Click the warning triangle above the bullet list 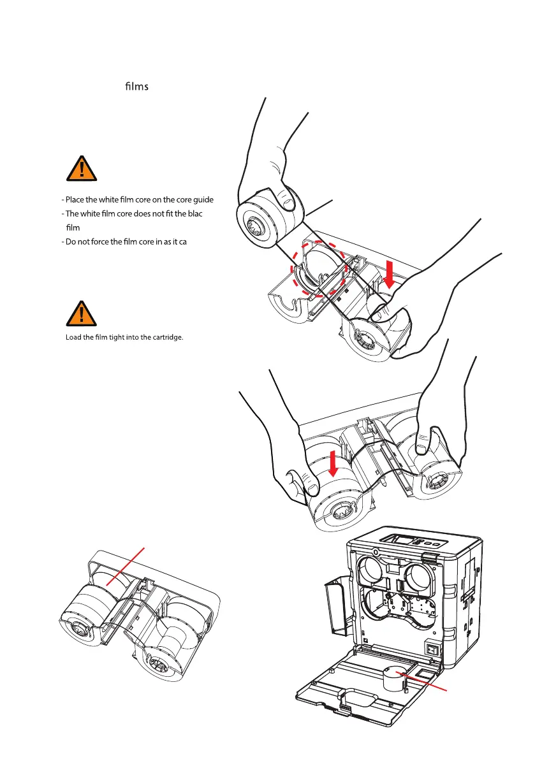[x=84, y=168]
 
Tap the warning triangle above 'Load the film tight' [x=84, y=314]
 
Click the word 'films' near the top [x=136, y=86]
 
